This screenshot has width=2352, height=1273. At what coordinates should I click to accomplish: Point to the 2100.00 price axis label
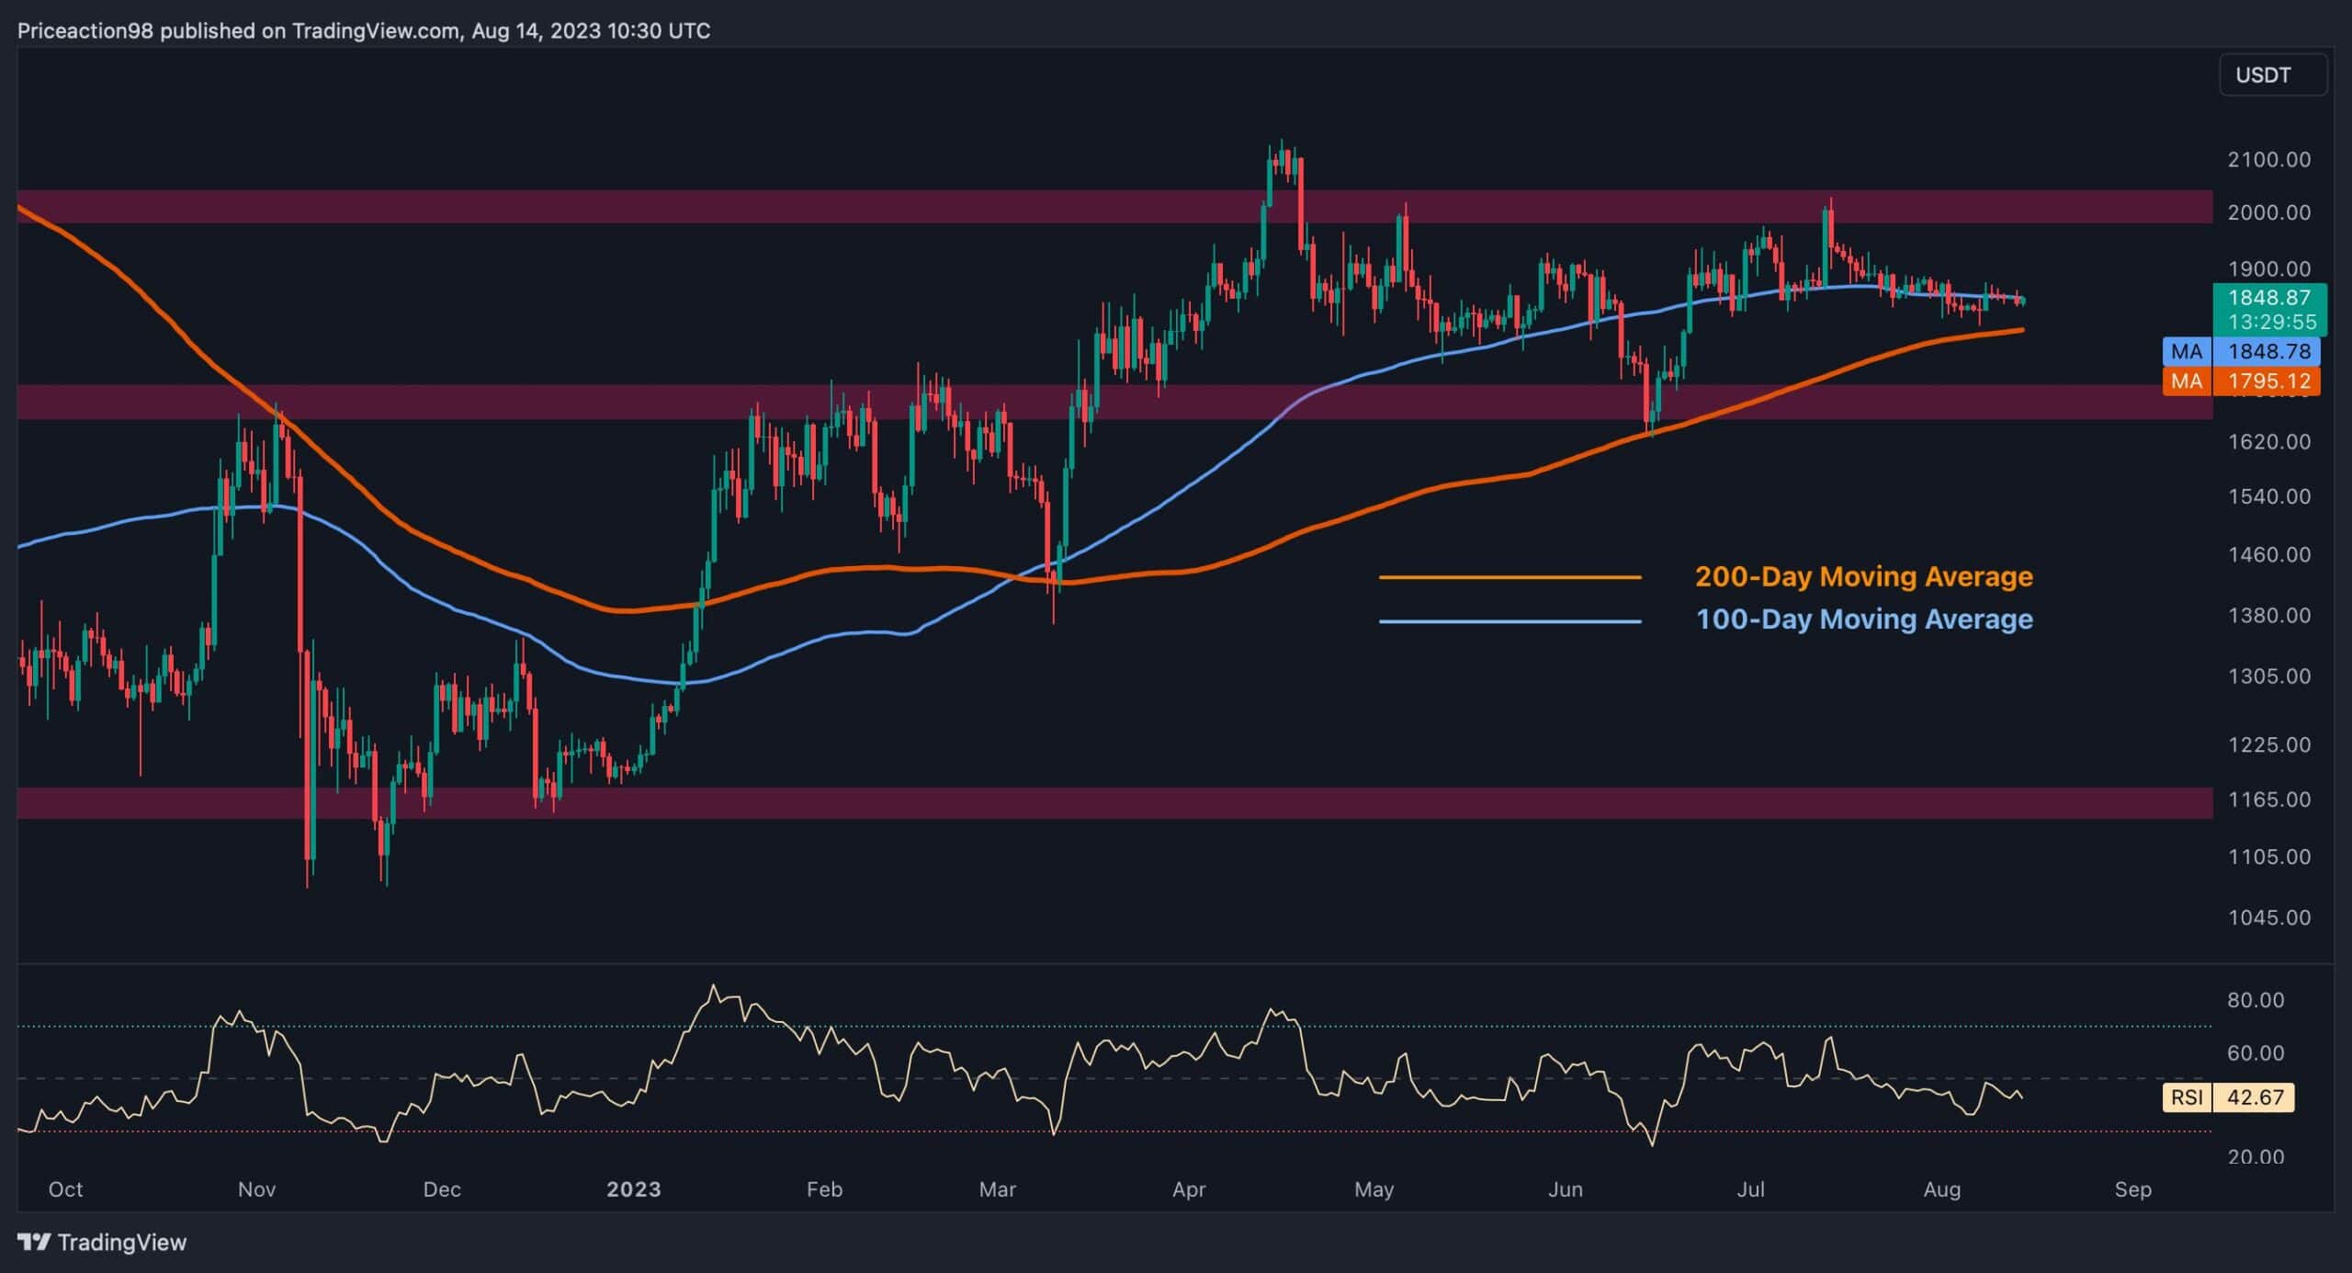tap(2268, 160)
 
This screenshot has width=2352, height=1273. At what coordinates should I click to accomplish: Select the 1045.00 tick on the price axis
tap(2268, 917)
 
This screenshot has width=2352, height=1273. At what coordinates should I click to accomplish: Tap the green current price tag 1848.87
tap(2268, 298)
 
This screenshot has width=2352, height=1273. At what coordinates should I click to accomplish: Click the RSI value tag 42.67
tap(2255, 1097)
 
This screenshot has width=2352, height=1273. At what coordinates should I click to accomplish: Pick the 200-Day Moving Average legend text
tap(1863, 576)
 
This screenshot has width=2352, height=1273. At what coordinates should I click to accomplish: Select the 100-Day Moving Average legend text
tap(1863, 619)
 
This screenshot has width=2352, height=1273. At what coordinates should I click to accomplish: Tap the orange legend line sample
tap(1510, 577)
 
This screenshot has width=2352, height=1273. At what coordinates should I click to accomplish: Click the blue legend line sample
tap(1510, 621)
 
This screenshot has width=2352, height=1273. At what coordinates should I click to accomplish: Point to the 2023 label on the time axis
tap(633, 1189)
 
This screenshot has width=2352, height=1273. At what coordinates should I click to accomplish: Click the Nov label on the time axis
tap(256, 1189)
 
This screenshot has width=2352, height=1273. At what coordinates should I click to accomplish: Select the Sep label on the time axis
tap(2132, 1189)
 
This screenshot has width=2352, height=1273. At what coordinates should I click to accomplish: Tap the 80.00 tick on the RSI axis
tap(2255, 1000)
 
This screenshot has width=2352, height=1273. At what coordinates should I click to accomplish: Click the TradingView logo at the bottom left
tap(102, 1243)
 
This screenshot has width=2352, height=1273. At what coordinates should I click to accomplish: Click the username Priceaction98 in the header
tap(85, 31)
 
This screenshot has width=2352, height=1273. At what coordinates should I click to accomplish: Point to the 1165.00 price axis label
tap(2268, 800)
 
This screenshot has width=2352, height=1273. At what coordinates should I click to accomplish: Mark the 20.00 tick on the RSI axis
tap(2255, 1156)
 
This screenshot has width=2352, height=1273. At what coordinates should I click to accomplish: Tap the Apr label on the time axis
tap(1189, 1189)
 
